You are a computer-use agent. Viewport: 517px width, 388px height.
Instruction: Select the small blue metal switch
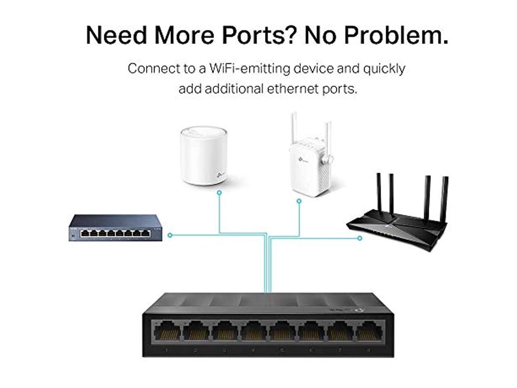(x=116, y=228)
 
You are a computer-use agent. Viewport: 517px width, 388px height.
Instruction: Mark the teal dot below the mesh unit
(x=219, y=193)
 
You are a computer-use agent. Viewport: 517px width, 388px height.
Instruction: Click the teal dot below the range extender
(x=299, y=200)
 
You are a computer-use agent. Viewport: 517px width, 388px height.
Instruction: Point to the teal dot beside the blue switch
(x=170, y=235)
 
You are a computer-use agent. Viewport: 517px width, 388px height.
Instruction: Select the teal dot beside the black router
(x=360, y=238)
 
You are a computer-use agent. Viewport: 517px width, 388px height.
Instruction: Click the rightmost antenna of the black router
(x=445, y=198)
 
